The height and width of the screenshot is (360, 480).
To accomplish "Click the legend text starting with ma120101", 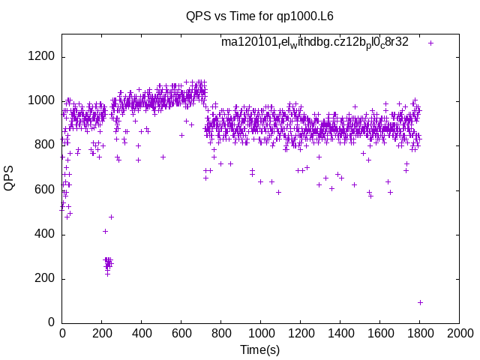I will click(315, 42).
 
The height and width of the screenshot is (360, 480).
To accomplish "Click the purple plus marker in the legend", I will click(430, 43).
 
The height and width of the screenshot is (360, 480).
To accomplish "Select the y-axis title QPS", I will click(10, 178).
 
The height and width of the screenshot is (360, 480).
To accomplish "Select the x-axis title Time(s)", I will click(260, 349).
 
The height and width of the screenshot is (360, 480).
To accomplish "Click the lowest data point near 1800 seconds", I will click(421, 302).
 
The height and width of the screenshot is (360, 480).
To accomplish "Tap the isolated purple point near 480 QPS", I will click(111, 217).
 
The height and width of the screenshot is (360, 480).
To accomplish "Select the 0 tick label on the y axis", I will click(49, 323).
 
